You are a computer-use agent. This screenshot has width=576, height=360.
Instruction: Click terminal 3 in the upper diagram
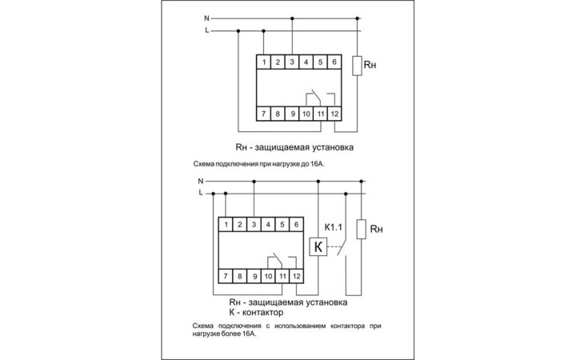(x=292, y=62)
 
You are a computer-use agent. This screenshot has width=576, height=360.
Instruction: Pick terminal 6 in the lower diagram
(x=297, y=225)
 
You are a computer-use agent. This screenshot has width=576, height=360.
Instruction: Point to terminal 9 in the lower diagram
(x=254, y=276)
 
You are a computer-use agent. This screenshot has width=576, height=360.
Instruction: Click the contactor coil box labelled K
(x=318, y=248)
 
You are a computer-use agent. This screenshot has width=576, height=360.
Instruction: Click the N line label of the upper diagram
(x=206, y=17)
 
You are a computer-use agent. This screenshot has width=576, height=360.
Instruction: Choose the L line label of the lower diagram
(x=200, y=193)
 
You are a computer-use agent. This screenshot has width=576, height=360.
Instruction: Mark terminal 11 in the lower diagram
(x=282, y=276)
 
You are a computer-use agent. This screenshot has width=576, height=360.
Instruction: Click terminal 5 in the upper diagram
(x=320, y=62)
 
